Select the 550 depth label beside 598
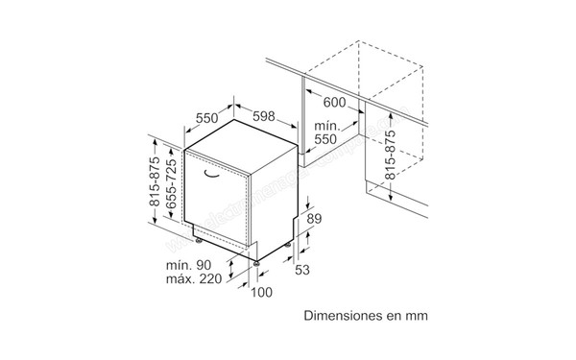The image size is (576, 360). [x=210, y=117]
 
